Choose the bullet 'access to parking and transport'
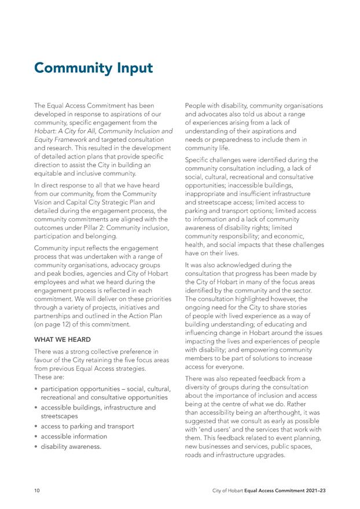(x=87, y=426)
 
